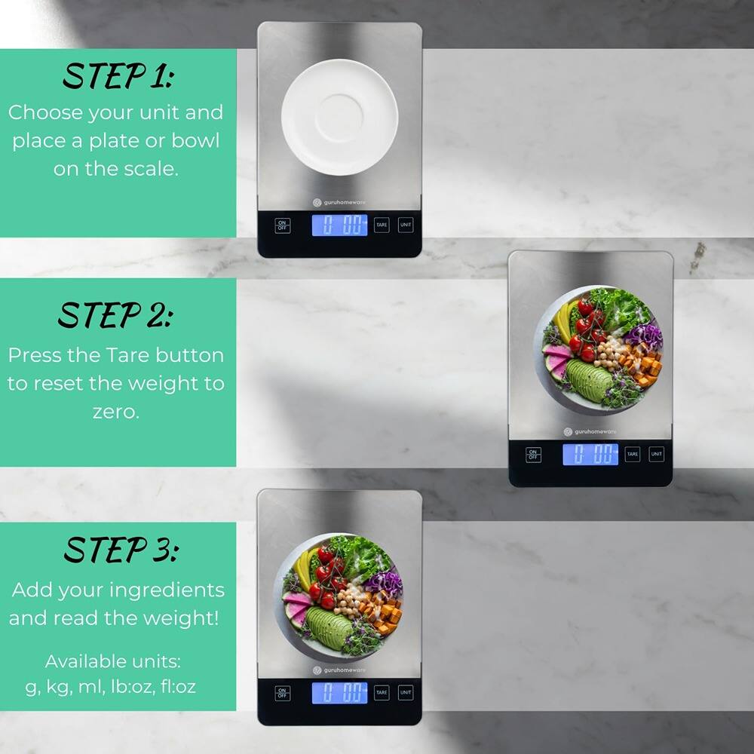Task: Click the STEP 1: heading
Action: pyautogui.click(x=118, y=76)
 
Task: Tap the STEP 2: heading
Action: pyautogui.click(x=115, y=316)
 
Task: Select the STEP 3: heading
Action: pyautogui.click(x=120, y=550)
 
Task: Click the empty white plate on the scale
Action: pyautogui.click(x=339, y=117)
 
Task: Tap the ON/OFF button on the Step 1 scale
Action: pyautogui.click(x=282, y=225)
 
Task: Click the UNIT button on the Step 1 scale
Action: pyautogui.click(x=406, y=225)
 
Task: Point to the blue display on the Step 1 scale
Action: pyautogui.click(x=340, y=225)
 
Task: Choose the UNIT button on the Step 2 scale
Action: pyautogui.click(x=656, y=454)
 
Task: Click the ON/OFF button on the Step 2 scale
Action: pyautogui.click(x=533, y=455)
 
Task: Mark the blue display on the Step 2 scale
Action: pyautogui.click(x=590, y=454)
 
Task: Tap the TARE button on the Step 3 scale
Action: pyautogui.click(x=382, y=692)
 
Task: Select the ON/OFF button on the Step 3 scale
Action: pyautogui.click(x=282, y=693)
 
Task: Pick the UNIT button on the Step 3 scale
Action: pyautogui.click(x=406, y=692)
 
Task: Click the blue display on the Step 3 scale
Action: pyautogui.click(x=340, y=692)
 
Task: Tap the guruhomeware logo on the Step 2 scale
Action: pyautogui.click(x=590, y=432)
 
